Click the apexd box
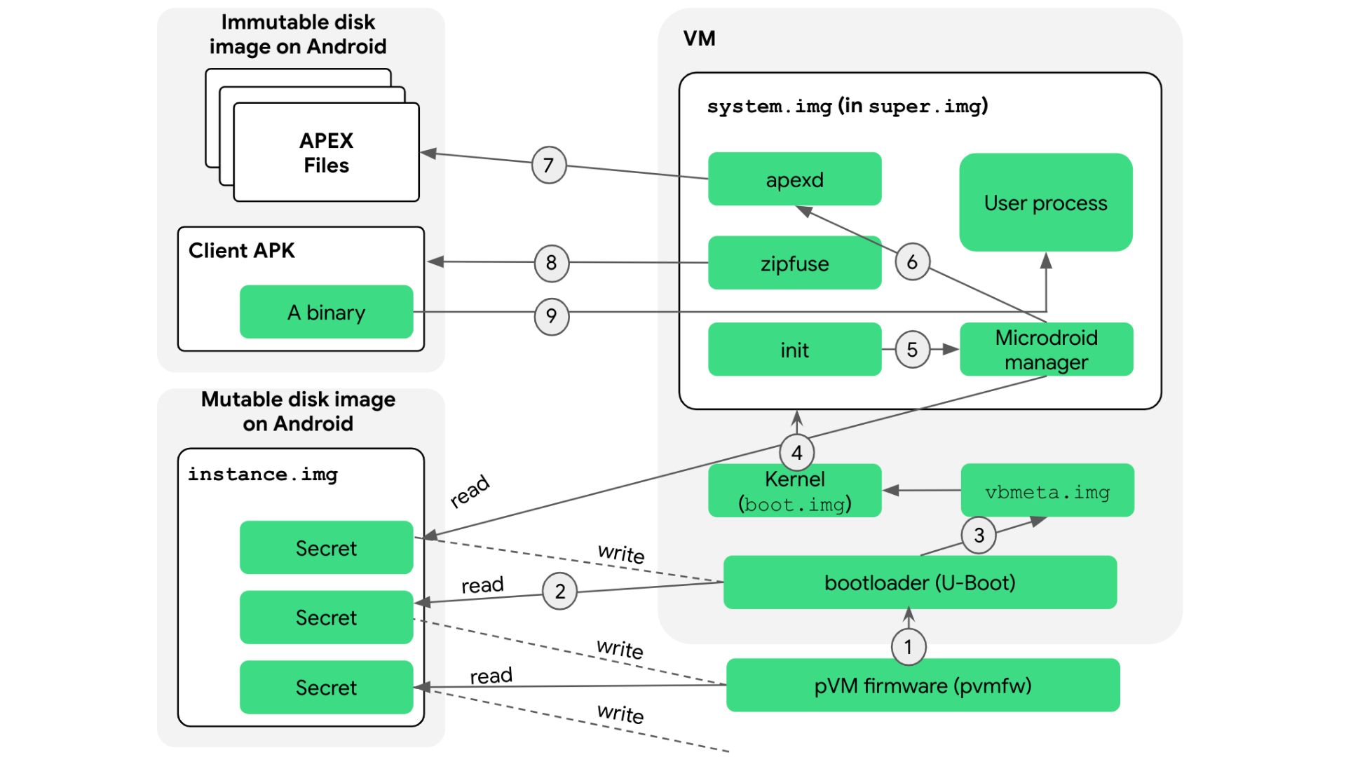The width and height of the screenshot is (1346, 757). click(x=794, y=179)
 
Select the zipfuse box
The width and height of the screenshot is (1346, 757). click(x=794, y=264)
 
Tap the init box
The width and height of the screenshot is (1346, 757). click(x=794, y=350)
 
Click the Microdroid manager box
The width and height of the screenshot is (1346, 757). click(x=1046, y=350)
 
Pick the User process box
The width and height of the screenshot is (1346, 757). click(x=1045, y=203)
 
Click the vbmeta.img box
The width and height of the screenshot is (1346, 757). click(x=1047, y=491)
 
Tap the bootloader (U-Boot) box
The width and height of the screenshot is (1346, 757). click(x=920, y=582)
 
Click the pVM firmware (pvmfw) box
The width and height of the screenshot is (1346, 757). click(x=923, y=686)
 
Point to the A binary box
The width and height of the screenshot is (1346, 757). click(x=326, y=312)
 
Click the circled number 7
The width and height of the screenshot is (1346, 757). click(x=548, y=165)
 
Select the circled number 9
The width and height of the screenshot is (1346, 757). click(x=551, y=316)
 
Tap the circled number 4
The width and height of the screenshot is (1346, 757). click(x=796, y=453)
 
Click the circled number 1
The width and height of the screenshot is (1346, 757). click(x=908, y=646)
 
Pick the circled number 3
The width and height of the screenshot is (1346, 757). click(x=979, y=536)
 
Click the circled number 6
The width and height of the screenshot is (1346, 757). click(x=912, y=262)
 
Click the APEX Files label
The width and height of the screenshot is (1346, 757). click(x=326, y=153)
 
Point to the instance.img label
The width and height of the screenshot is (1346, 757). click(x=262, y=475)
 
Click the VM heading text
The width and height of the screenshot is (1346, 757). click(x=699, y=39)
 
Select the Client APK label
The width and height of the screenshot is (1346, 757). click(x=241, y=250)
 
